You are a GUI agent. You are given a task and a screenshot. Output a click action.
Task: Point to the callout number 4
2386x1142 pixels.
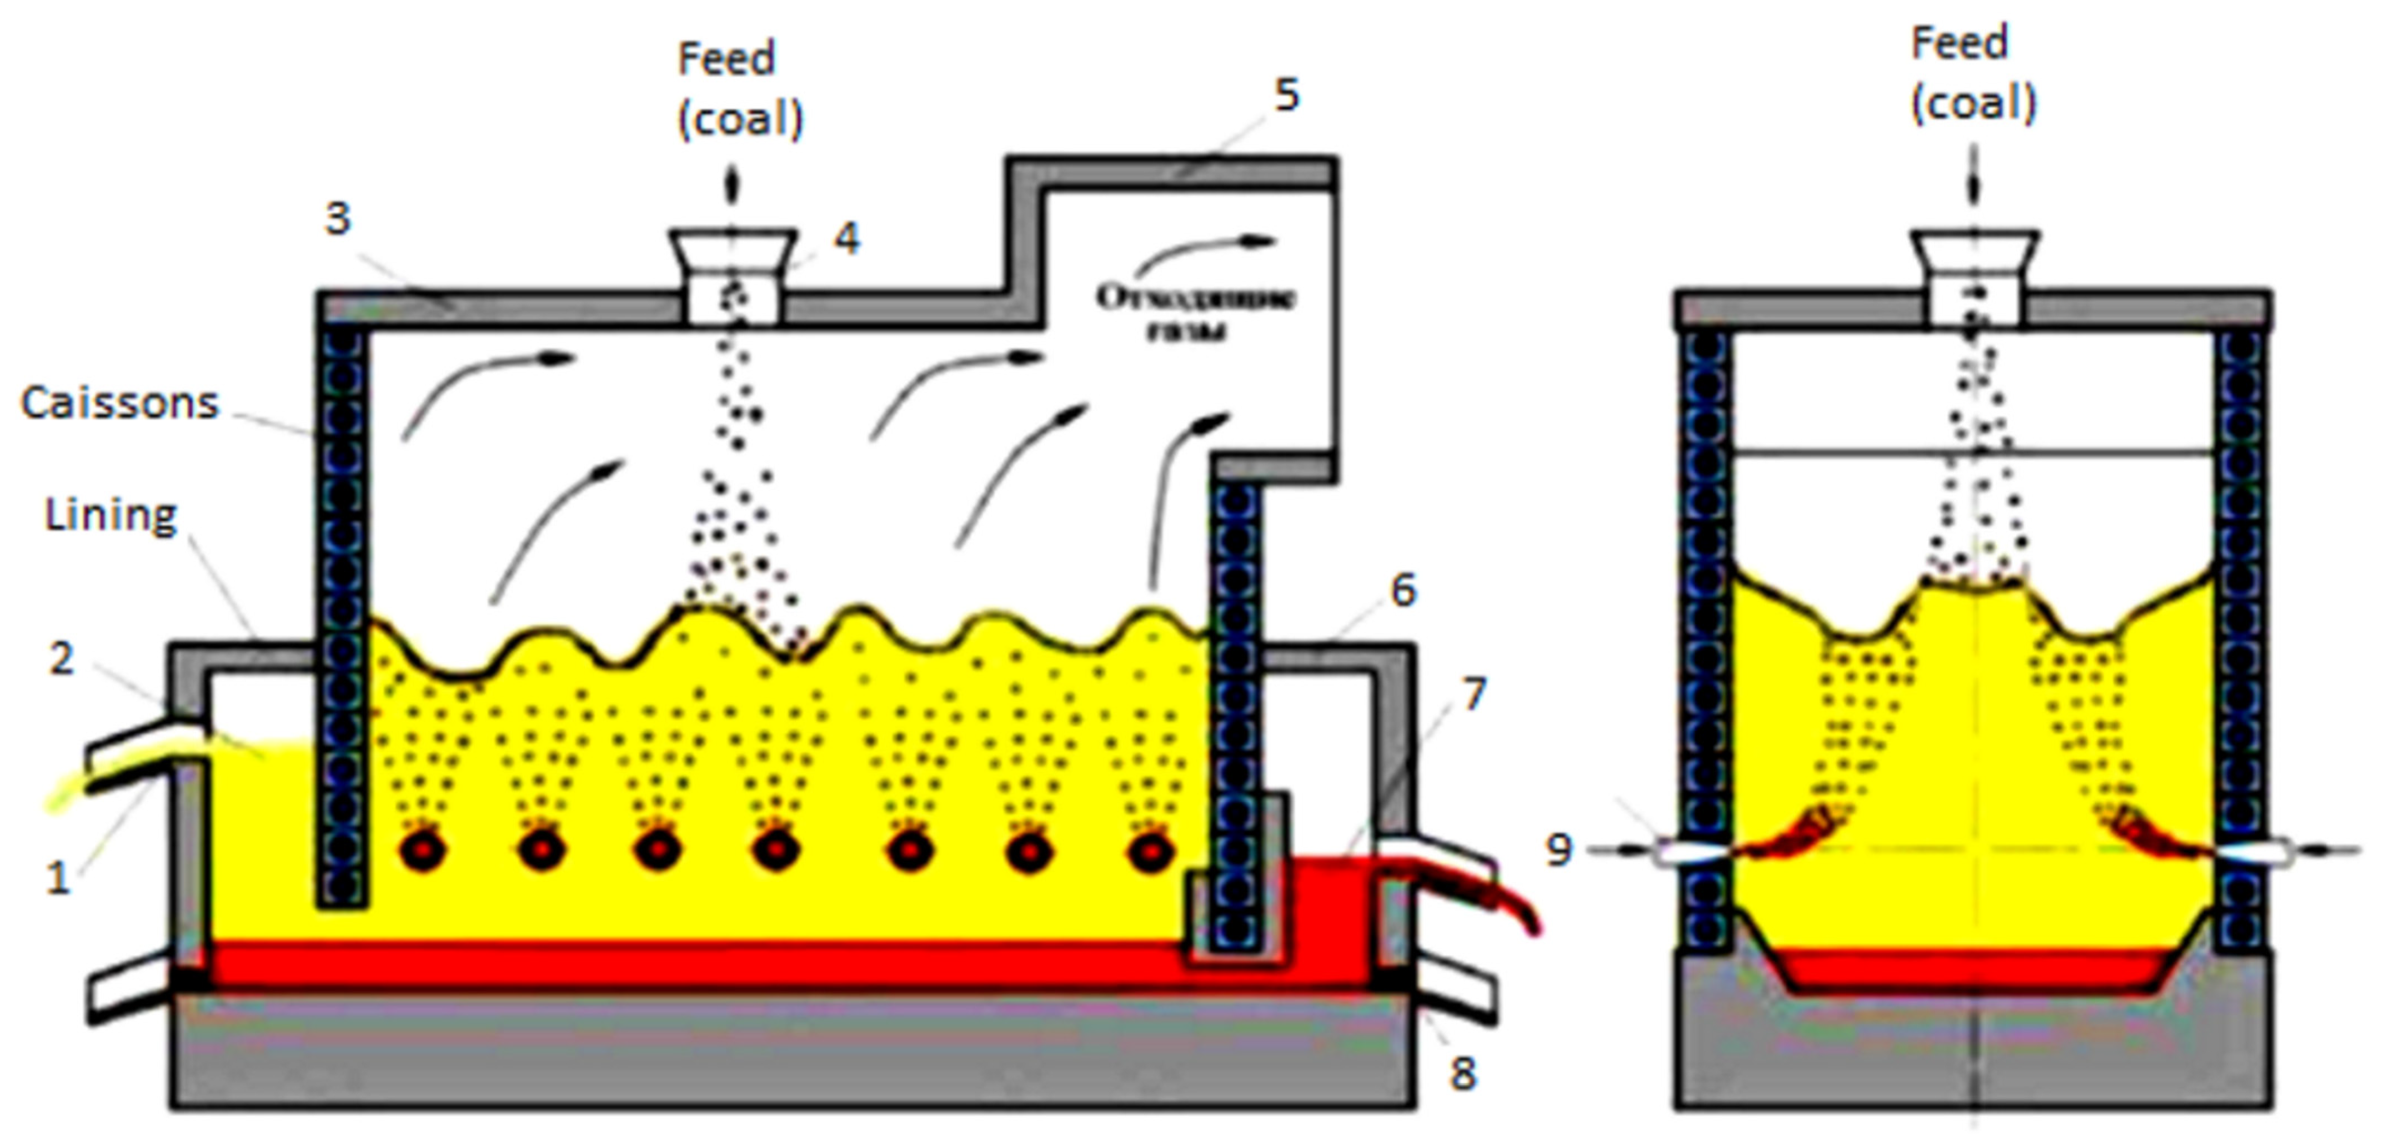pos(846,238)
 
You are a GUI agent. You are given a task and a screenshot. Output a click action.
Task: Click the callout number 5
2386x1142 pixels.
pos(1286,94)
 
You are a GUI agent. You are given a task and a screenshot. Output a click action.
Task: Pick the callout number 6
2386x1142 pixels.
pos(1404,590)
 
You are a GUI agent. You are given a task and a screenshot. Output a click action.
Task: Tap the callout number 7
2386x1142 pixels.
pos(1473,693)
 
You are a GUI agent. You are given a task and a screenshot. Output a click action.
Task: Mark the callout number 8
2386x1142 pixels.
pos(1462,1074)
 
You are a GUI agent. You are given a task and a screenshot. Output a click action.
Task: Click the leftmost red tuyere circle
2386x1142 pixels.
pos(422,849)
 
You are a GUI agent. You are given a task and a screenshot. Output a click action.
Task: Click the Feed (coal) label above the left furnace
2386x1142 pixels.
pos(740,89)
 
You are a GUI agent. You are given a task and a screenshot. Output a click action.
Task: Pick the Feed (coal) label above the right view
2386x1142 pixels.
pos(1973,74)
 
